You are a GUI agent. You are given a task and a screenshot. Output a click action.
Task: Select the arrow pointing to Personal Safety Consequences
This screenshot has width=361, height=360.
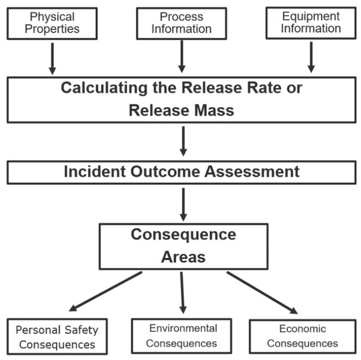click(104, 291)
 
